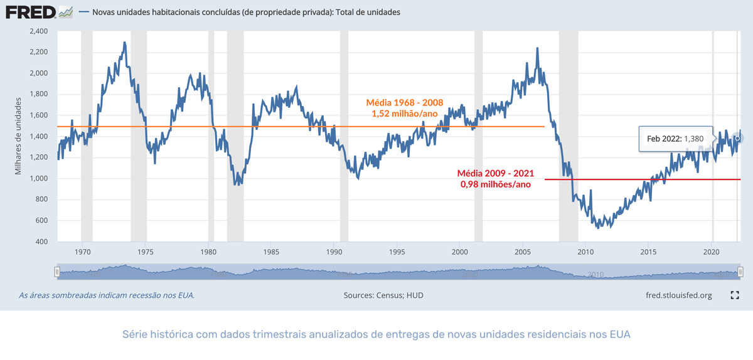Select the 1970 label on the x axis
82,252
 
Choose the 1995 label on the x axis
397,252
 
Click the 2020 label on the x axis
711,252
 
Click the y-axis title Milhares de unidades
19,136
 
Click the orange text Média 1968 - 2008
405,102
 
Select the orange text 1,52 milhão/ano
405,114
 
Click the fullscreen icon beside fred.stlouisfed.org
735,295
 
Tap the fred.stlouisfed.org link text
678,295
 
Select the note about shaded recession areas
107,295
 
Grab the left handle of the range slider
57,272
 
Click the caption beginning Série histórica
376,334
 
